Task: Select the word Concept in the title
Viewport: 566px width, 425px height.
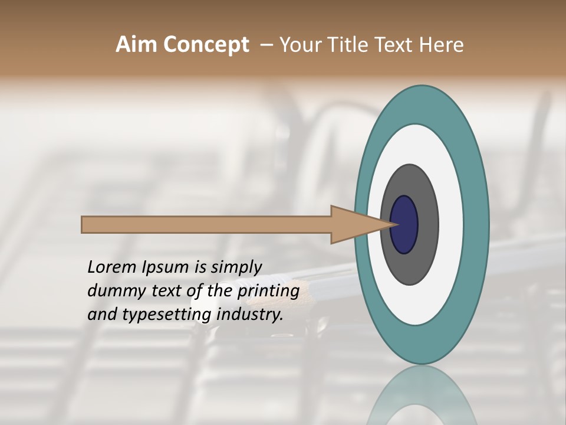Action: click(206, 45)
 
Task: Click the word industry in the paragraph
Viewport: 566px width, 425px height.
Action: click(250, 315)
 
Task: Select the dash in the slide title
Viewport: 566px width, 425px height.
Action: click(266, 45)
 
